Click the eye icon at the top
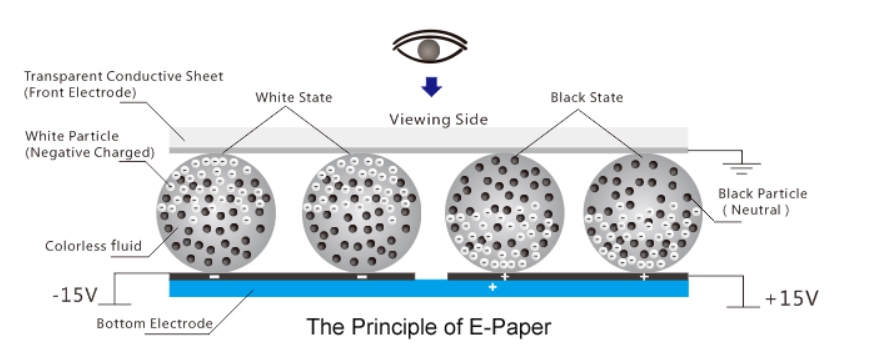431,48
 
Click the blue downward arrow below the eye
431,87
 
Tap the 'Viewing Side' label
438,119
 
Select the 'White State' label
293,97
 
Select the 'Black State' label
586,97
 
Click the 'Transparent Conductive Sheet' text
123,76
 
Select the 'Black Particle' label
762,193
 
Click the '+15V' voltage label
791,299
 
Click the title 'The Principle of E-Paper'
428,326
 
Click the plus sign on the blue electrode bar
492,288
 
